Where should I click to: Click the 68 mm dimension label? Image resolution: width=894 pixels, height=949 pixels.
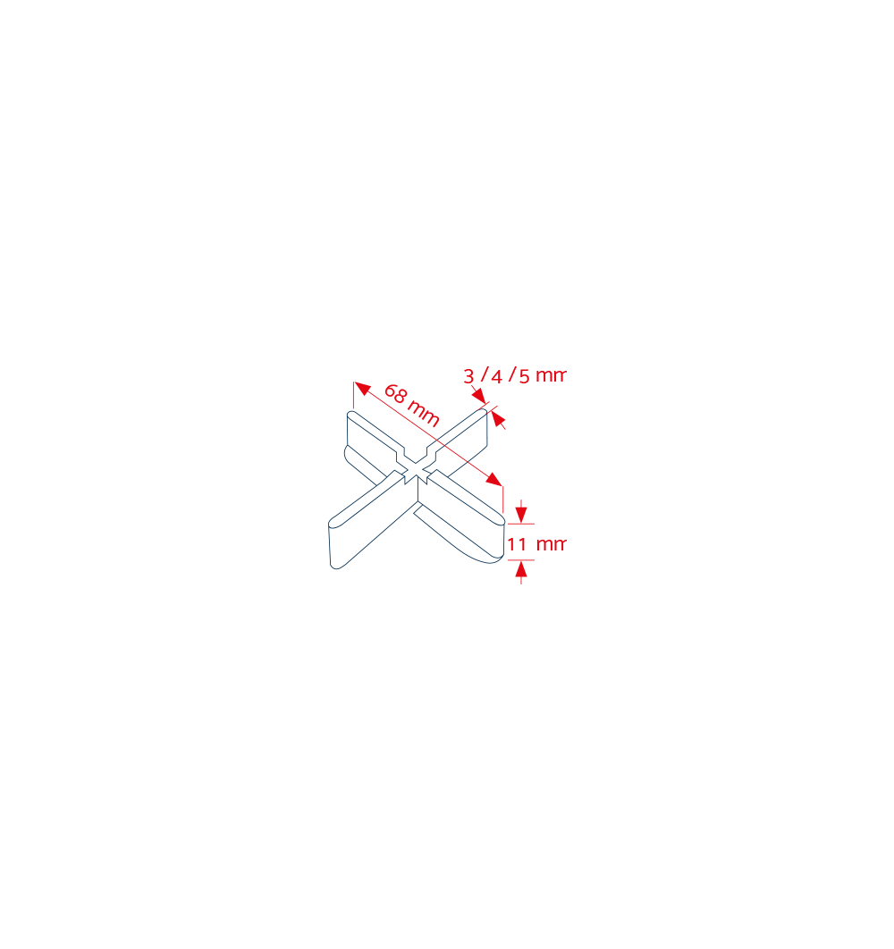pyautogui.click(x=412, y=406)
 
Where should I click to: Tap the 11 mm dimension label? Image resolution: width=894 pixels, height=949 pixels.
pyautogui.click(x=536, y=544)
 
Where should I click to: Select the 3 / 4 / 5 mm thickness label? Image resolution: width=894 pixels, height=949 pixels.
pyautogui.click(x=515, y=376)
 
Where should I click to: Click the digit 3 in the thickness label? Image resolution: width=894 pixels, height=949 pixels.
pyautogui.click(x=468, y=376)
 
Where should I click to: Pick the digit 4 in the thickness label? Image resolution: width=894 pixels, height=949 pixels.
pyautogui.click(x=497, y=377)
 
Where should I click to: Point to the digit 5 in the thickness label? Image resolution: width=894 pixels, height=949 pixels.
pyautogui.click(x=525, y=377)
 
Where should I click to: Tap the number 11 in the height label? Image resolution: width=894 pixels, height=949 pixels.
pyautogui.click(x=517, y=544)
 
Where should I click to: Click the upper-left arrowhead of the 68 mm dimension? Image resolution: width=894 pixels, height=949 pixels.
pyautogui.click(x=362, y=388)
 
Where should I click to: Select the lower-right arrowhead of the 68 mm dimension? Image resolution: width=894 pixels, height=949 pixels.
pyautogui.click(x=494, y=479)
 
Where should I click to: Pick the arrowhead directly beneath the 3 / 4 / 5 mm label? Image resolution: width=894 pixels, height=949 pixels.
pyautogui.click(x=479, y=396)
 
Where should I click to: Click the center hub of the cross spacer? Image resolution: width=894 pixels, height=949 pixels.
pyautogui.click(x=417, y=472)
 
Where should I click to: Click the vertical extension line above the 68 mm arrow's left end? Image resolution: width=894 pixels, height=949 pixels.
pyautogui.click(x=354, y=395)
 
